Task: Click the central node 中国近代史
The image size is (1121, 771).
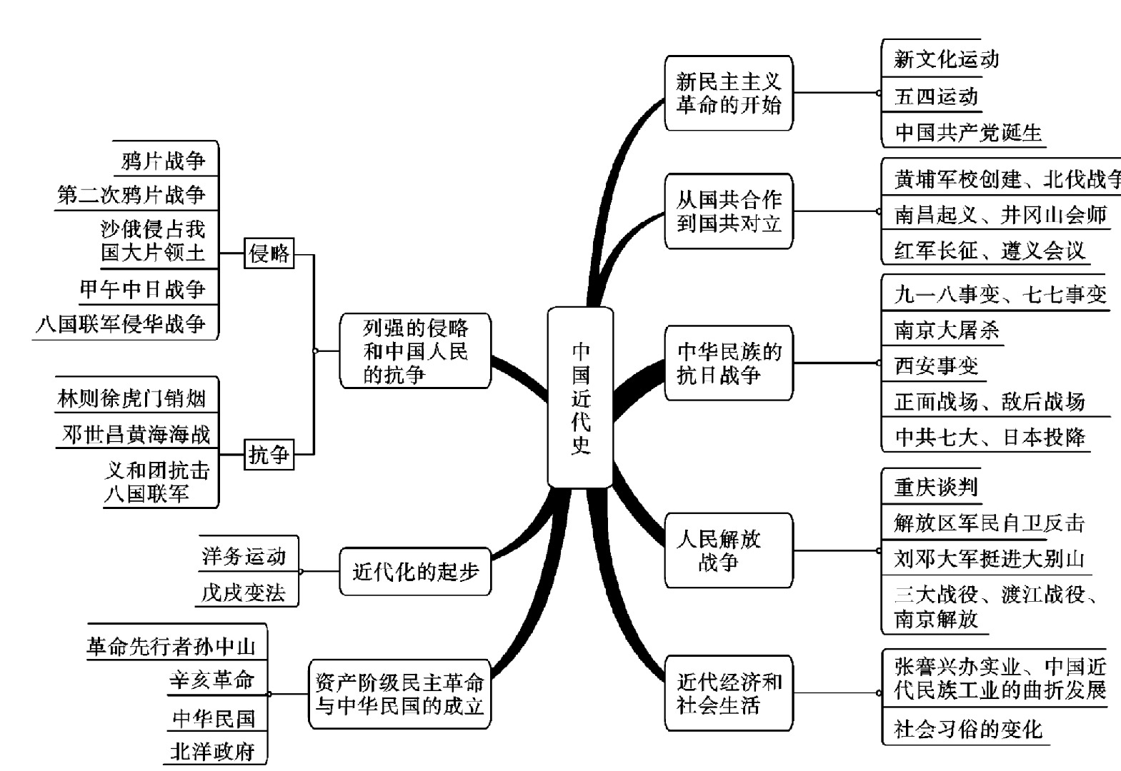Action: pos(580,398)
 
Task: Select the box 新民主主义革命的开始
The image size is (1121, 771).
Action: pos(728,94)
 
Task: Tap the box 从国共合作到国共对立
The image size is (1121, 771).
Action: pos(728,211)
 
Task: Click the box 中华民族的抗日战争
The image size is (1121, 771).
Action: pos(728,363)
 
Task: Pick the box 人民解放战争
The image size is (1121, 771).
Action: pos(728,550)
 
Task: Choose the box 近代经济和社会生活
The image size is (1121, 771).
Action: pos(728,693)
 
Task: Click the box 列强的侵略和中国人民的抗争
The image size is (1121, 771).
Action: pos(415,351)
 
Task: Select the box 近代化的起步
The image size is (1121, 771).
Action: pos(415,571)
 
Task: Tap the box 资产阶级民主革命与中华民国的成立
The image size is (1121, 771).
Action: pos(399,694)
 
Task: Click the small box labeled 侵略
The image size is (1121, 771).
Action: pos(269,253)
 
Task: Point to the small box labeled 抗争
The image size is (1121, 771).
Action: pos(269,454)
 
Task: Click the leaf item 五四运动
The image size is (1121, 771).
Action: pos(935,97)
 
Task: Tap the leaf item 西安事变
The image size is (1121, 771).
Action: pos(935,366)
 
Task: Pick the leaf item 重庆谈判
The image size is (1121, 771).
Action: pos(935,487)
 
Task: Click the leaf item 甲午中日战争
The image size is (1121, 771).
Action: pos(142,289)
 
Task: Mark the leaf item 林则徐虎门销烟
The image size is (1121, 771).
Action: pos(131,398)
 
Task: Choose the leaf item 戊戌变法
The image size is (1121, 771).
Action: pos(243,593)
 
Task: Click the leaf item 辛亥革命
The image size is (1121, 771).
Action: pos(212,680)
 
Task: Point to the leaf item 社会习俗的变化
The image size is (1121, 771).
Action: pos(967,729)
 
